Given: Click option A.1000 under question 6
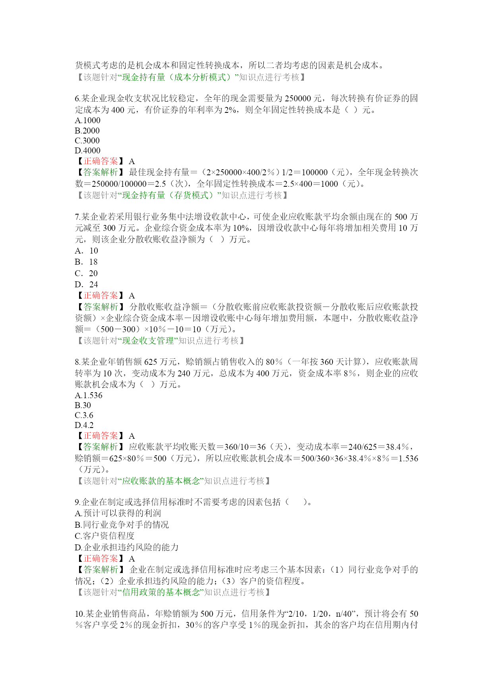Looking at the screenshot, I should coord(88,120).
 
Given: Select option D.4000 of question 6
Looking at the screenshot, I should coord(88,151).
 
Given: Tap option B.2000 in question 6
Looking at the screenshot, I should coord(87,131).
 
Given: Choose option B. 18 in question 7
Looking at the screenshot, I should coord(86,262).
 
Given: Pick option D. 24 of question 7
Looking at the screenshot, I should coord(86,285).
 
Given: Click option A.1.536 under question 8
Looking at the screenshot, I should coord(89,395).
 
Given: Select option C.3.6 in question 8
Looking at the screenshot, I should coord(84,415).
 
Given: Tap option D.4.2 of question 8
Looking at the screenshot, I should coord(84,425).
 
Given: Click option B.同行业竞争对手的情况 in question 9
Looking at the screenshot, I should coord(122,525).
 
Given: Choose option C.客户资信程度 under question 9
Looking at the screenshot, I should coord(105,536).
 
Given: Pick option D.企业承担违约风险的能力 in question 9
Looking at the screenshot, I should coord(127,548).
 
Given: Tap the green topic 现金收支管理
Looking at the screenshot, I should coord(148,341).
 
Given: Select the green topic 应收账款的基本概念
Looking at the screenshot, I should coord(161,481).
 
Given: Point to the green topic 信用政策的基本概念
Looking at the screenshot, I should coord(161,592).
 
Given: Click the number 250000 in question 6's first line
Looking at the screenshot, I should coord(298,99).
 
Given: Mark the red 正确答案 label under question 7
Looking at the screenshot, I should coord(101,296).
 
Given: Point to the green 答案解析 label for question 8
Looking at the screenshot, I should coord(101,447).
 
